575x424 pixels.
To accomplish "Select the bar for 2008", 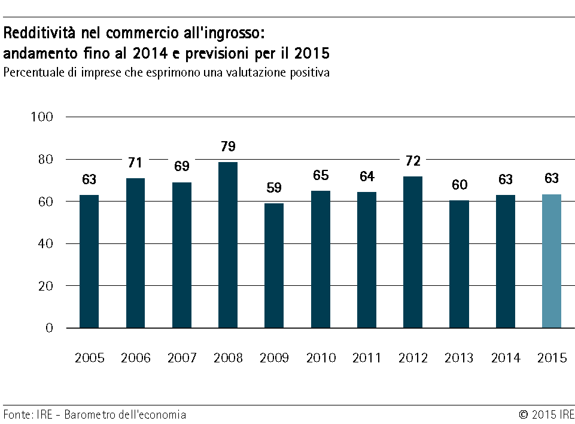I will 228,245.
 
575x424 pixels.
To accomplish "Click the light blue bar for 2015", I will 551,261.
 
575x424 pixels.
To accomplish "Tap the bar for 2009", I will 274,266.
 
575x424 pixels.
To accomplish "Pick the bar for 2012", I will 413,252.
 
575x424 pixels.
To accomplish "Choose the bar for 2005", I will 89,261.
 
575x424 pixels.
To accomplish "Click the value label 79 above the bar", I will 228,147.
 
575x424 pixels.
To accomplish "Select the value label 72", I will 413,161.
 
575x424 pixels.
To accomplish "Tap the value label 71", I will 136,163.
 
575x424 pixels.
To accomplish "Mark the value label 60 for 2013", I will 459,185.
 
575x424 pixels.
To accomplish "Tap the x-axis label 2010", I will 321,358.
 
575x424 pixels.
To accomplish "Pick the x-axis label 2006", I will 136,358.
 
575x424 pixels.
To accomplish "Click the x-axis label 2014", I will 506,358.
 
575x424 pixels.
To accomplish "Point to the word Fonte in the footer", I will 17,414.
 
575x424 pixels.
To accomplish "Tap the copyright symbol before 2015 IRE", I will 523,414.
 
